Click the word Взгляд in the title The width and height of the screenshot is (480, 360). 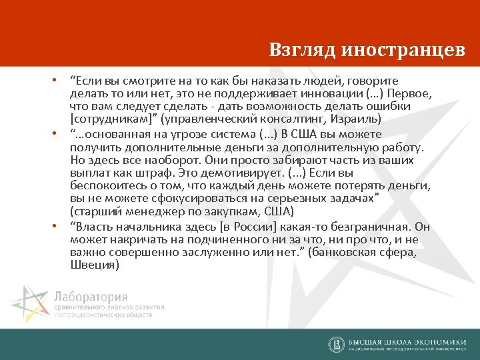[x=302, y=49]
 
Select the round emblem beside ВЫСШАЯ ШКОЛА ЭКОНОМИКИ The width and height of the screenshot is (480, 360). [x=336, y=344]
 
